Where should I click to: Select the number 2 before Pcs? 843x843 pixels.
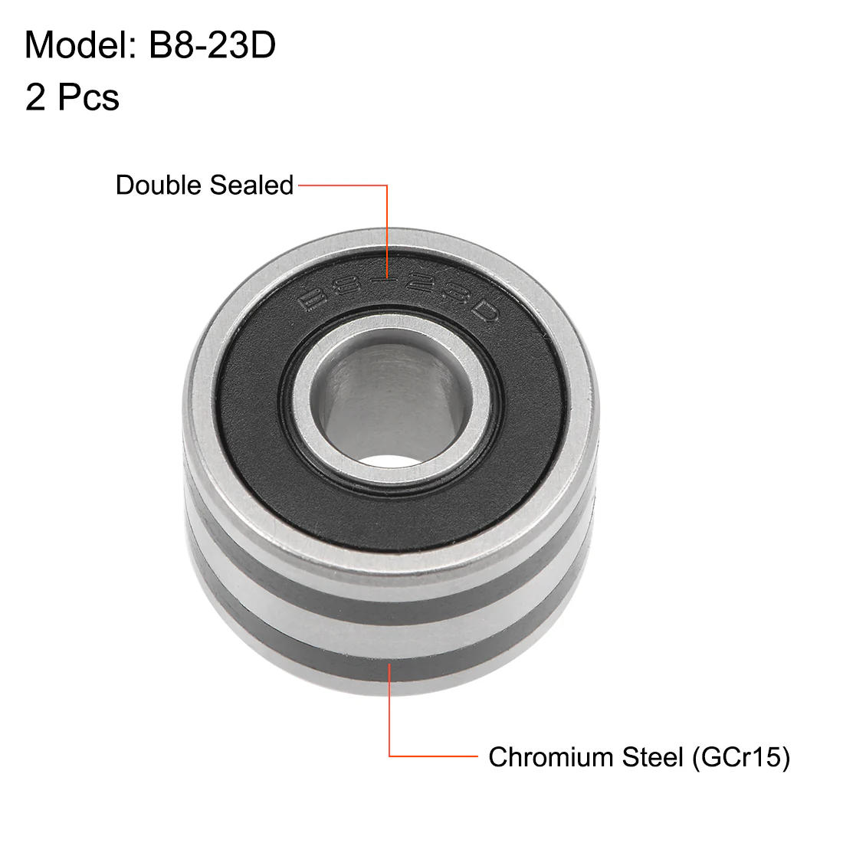point(35,97)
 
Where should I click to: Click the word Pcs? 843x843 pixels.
point(88,97)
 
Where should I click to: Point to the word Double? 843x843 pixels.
point(159,185)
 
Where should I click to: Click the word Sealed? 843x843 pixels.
point(251,185)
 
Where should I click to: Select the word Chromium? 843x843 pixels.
point(550,757)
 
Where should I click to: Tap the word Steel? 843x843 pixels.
point(653,757)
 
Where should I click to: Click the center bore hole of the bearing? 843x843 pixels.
point(391,401)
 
